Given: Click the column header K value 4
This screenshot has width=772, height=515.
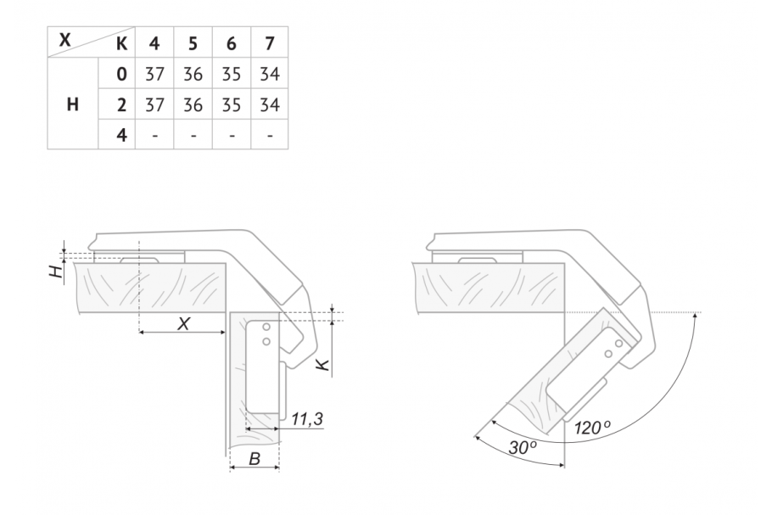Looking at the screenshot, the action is (154, 44).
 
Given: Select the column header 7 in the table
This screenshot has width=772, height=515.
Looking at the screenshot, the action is (269, 44).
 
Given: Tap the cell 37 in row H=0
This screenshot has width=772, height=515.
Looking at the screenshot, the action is (154, 75).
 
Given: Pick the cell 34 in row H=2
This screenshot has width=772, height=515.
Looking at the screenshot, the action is (270, 105).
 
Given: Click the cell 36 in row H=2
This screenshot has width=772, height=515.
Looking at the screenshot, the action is (193, 105).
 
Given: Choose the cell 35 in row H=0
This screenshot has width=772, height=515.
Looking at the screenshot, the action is (232, 75).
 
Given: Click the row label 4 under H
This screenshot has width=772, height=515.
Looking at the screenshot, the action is (121, 135).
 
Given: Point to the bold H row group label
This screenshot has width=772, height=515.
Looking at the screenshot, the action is (72, 104).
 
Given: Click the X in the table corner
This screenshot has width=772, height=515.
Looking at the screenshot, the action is (65, 39).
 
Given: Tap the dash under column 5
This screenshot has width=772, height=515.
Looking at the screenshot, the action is (193, 136).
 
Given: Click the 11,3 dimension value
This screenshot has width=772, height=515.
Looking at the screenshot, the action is (307, 419).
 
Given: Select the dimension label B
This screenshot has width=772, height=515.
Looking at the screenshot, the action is (255, 459).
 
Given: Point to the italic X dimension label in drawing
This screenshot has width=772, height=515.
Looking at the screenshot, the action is (183, 324).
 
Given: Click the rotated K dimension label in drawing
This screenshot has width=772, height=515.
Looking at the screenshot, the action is (322, 365).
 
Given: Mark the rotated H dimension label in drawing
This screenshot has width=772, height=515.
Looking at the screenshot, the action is (57, 271).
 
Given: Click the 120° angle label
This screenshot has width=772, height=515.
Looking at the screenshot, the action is (592, 428).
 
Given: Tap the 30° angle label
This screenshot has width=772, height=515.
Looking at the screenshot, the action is (523, 447).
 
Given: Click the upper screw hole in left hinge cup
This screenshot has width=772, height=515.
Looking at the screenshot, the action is (266, 327).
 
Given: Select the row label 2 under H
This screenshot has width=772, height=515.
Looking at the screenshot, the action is (121, 105).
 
